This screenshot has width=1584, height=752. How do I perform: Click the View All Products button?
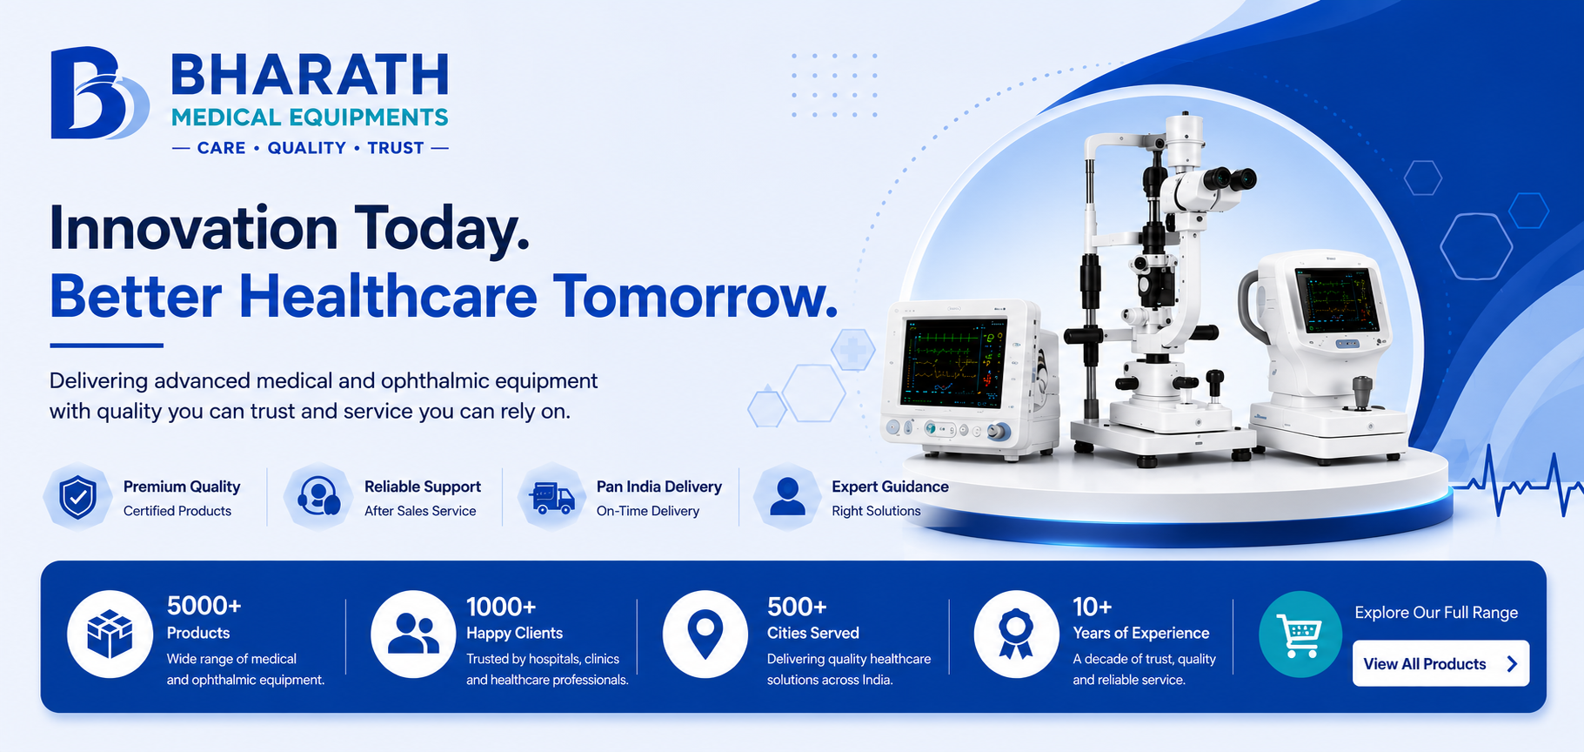point(1440,663)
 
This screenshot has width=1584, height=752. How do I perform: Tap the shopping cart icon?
point(1300,634)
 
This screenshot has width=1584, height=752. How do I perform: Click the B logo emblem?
point(97,93)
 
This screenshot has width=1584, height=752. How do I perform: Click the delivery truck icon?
point(551,498)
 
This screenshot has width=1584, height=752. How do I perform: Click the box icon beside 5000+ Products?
point(110,634)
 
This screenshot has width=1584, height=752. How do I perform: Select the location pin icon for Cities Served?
point(705,634)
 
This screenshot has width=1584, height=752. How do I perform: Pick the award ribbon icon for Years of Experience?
point(1016,634)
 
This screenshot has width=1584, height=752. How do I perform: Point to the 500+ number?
point(797,607)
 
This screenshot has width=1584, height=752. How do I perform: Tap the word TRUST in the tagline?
point(396,148)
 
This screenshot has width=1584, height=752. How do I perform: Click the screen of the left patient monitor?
point(954,363)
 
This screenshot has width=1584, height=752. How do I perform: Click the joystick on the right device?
point(1361,393)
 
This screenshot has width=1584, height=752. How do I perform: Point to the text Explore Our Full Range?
point(1436,613)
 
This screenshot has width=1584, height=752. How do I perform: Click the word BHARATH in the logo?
point(310,75)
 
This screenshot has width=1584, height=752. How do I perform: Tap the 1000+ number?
point(501,607)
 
